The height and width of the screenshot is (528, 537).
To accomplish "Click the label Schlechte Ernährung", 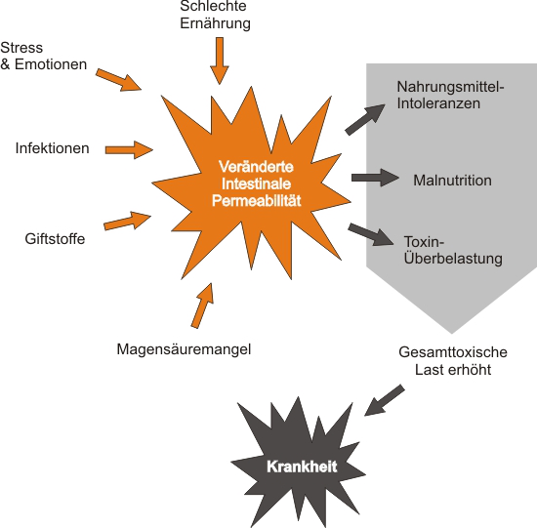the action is pyautogui.click(x=215, y=15).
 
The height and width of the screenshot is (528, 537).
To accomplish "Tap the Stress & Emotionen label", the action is pyautogui.click(x=44, y=56).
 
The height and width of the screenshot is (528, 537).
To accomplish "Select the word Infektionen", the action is pyautogui.click(x=53, y=148).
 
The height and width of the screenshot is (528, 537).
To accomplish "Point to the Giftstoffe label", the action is pyautogui.click(x=55, y=239).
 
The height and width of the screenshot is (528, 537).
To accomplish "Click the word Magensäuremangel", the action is pyautogui.click(x=184, y=349).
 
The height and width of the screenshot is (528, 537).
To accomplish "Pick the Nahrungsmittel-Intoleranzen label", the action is pyautogui.click(x=450, y=96).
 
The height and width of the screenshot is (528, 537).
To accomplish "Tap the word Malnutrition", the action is pyautogui.click(x=452, y=181).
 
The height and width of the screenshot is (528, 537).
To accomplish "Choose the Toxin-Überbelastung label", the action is pyautogui.click(x=453, y=250).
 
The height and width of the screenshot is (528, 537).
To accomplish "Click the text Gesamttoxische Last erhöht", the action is pyautogui.click(x=453, y=361).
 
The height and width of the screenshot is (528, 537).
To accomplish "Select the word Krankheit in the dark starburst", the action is pyautogui.click(x=302, y=467).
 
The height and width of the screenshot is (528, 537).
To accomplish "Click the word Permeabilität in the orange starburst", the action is pyautogui.click(x=257, y=201).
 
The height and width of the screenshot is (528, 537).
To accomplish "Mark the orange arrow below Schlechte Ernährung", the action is pyautogui.click(x=219, y=61).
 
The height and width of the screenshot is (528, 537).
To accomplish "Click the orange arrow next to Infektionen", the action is pyautogui.click(x=129, y=149).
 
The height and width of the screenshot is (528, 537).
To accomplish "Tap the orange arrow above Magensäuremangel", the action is pyautogui.click(x=203, y=305).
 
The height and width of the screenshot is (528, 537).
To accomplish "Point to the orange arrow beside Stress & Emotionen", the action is pyautogui.click(x=118, y=80).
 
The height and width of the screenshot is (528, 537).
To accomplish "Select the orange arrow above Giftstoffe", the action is pyautogui.click(x=127, y=221).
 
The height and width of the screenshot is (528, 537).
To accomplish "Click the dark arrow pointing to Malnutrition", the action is pyautogui.click(x=375, y=178).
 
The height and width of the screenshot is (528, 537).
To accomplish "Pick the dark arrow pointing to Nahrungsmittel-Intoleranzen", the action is pyautogui.click(x=365, y=119).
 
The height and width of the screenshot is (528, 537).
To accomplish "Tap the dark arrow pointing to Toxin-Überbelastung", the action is pyautogui.click(x=371, y=235).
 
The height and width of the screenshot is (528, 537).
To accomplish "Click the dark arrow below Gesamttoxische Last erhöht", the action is pyautogui.click(x=385, y=400).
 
